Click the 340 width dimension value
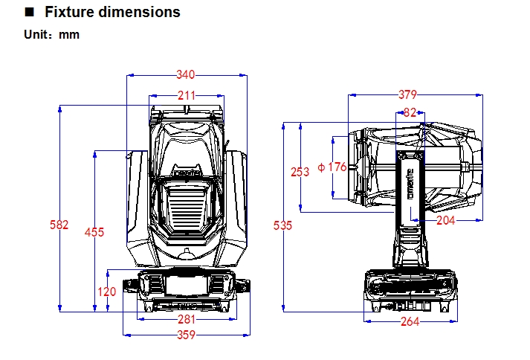[x=187, y=74]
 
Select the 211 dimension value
[x=187, y=95]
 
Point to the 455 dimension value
[x=94, y=232]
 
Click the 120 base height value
[x=107, y=292]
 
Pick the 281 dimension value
[x=187, y=320]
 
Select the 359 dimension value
[x=187, y=335]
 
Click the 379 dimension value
[x=407, y=94]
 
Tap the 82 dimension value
[x=410, y=112]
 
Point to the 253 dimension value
[x=300, y=172]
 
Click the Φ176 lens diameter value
[x=332, y=167]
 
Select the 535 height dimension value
[x=283, y=225]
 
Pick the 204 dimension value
[x=446, y=220]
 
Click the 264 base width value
[x=410, y=321]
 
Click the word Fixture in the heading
[x=71, y=13]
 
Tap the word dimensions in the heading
[x=140, y=13]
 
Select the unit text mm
[x=69, y=34]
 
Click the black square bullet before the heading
[x=30, y=13]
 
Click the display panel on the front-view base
[x=187, y=286]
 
